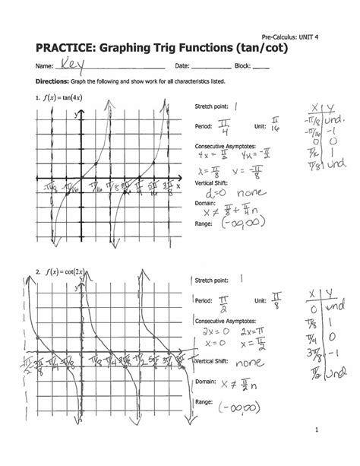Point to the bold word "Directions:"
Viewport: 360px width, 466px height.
pos(47,83)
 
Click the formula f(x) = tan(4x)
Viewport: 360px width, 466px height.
pos(64,98)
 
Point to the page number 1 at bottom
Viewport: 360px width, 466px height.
pos(333,449)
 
